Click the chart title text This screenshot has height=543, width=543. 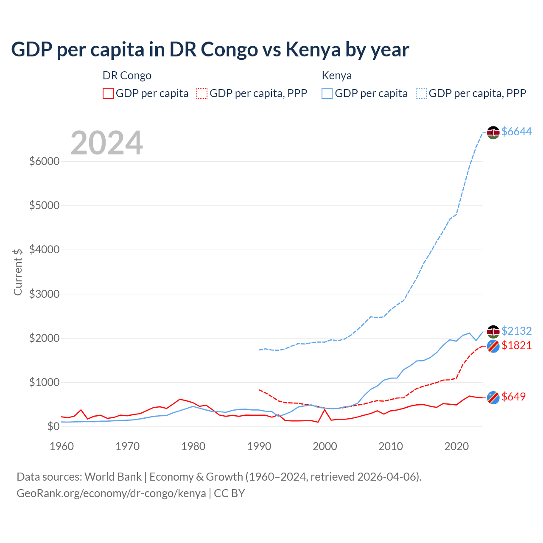click(210, 49)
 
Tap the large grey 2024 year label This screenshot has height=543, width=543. click(106, 143)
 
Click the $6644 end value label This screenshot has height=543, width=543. click(516, 132)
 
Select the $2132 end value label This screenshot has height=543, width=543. click(516, 330)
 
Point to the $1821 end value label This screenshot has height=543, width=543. click(516, 345)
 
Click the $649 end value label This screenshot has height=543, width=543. click(513, 397)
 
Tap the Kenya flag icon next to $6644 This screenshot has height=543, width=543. click(493, 132)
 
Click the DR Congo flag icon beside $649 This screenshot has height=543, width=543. click(493, 397)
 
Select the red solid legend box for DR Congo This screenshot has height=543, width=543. click(108, 93)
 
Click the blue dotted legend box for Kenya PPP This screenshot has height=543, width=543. click(421, 93)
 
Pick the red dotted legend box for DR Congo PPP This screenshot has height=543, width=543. click(202, 93)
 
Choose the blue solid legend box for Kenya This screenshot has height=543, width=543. click(327, 93)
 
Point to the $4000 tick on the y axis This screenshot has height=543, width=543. click(44, 249)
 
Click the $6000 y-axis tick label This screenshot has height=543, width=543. click(44, 161)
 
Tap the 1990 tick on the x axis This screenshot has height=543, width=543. click(259, 446)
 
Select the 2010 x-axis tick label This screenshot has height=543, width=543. click(391, 446)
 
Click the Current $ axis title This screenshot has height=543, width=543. click(18, 272)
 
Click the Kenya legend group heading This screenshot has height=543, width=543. click(337, 76)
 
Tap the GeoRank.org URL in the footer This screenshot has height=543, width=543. click(111, 493)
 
